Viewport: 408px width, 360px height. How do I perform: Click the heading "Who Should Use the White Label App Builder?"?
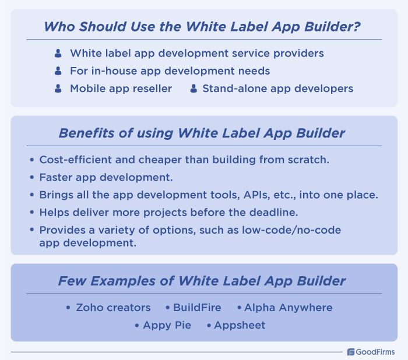tap(203, 27)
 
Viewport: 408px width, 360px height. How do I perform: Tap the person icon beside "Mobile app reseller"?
tap(58, 89)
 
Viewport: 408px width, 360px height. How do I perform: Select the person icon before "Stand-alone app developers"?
tap(193, 89)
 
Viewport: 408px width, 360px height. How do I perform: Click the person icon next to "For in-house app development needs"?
tap(58, 71)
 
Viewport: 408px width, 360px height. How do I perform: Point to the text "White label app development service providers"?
tap(196, 53)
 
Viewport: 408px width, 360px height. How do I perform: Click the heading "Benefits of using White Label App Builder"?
tap(202, 133)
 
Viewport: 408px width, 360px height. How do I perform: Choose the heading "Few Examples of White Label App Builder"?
tap(202, 281)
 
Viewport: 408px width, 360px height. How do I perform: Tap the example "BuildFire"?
tap(196, 308)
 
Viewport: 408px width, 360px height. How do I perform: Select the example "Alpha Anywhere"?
tap(288, 308)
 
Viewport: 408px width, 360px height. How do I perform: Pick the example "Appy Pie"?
tap(167, 325)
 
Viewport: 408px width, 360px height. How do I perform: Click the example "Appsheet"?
tap(240, 325)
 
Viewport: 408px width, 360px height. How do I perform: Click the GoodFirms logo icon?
tap(351, 352)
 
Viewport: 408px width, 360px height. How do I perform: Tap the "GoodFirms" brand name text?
tap(376, 352)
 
